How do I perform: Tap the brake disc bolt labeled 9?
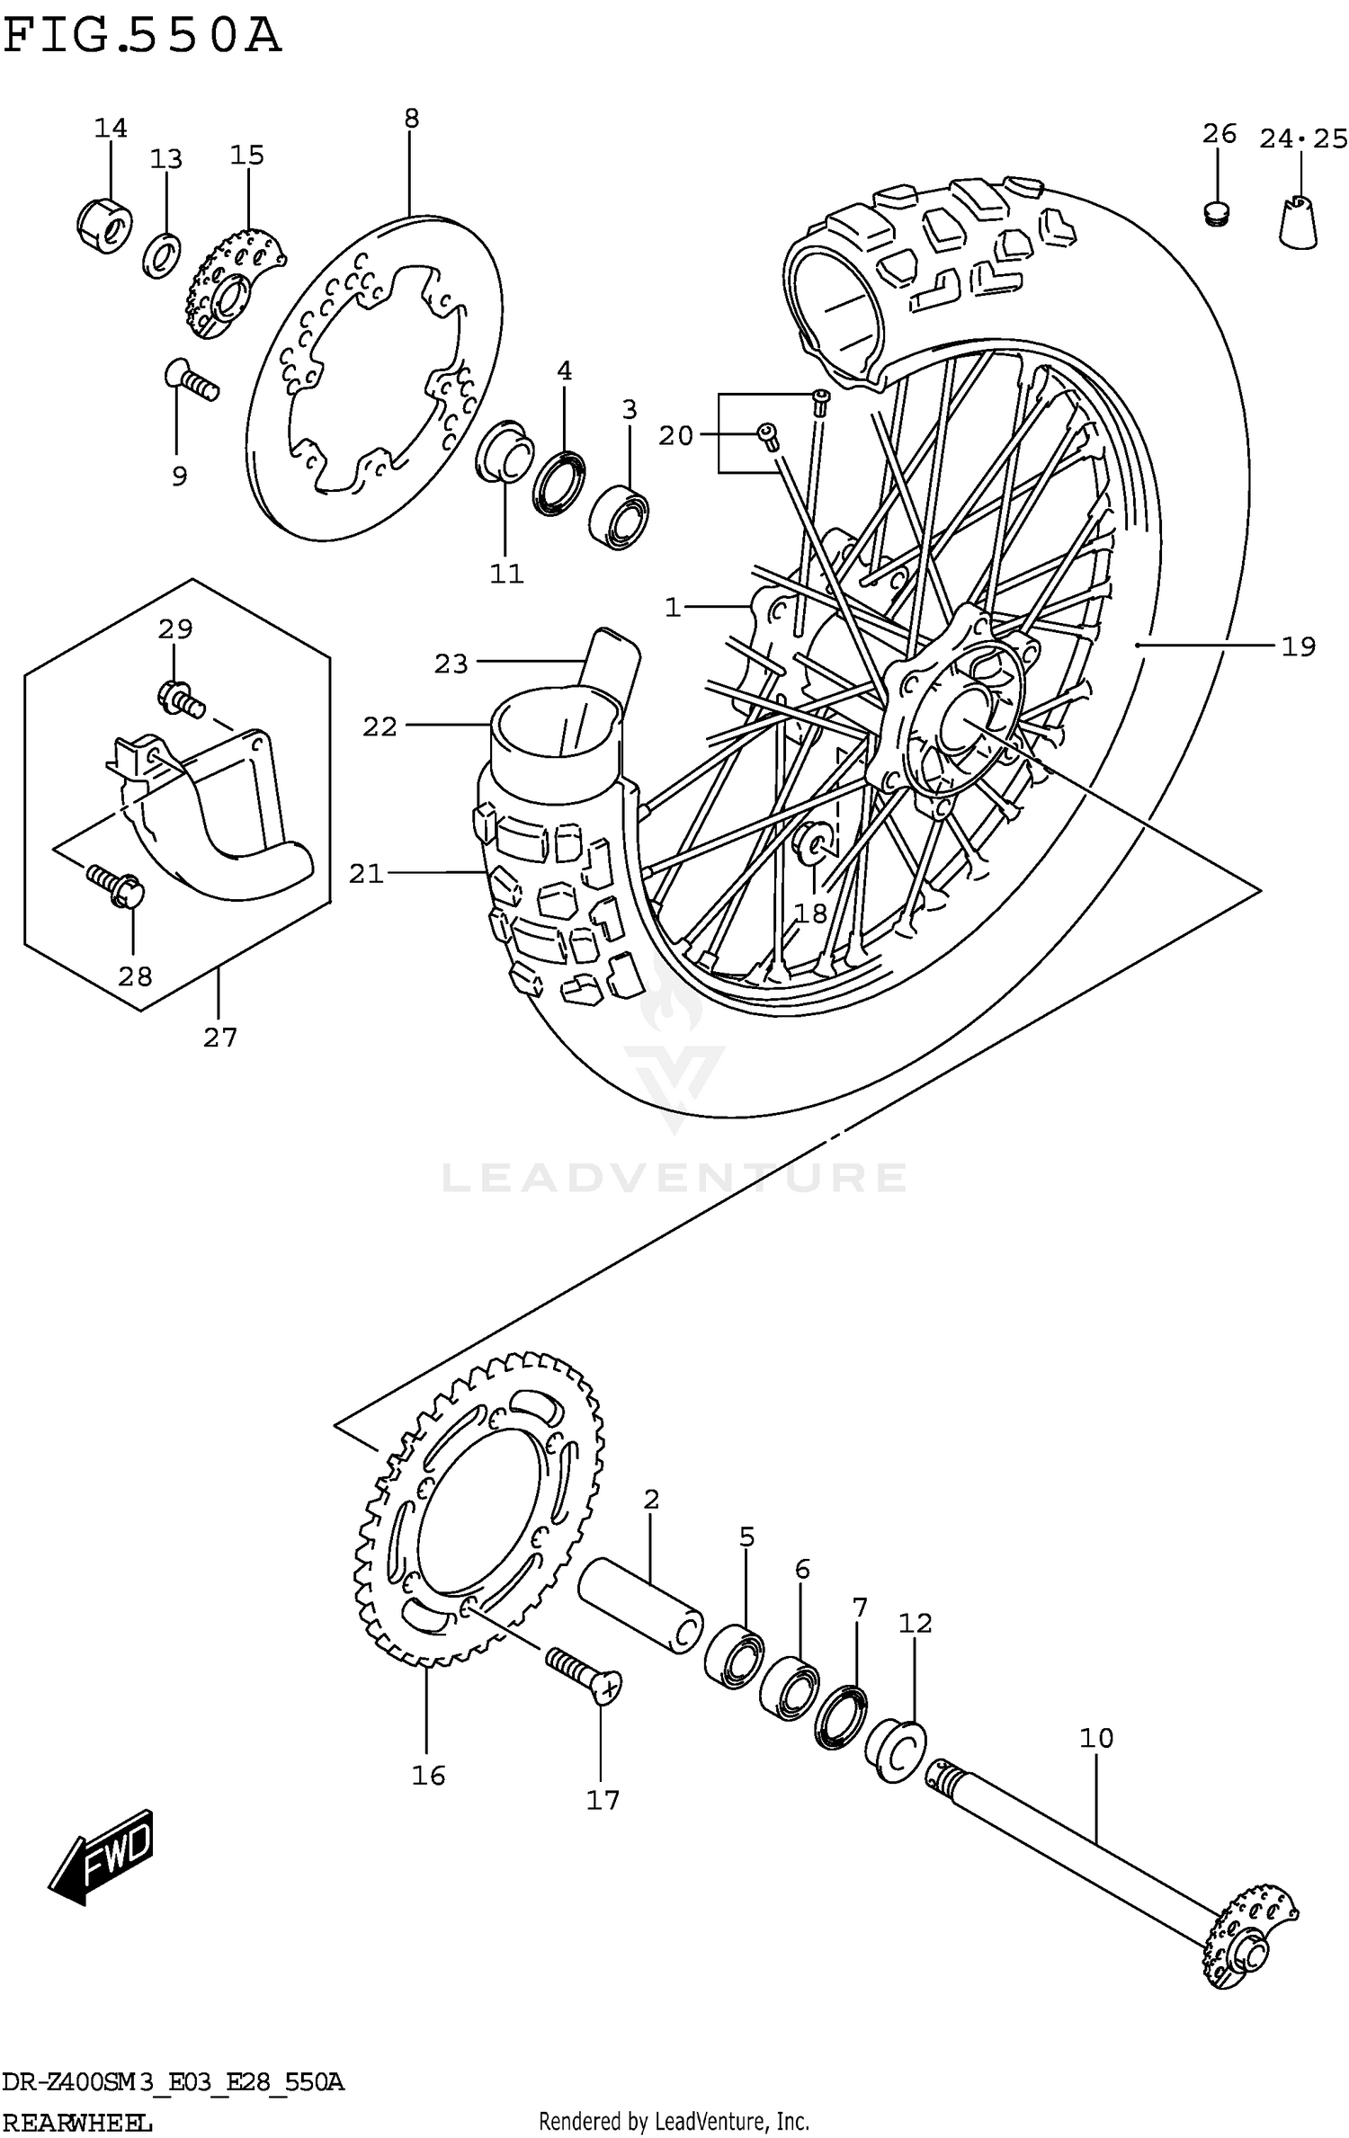pyautogui.click(x=191, y=379)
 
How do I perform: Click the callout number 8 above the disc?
pyautogui.click(x=411, y=118)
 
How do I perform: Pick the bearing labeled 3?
pyautogui.click(x=621, y=516)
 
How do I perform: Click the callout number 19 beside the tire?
pyautogui.click(x=1298, y=646)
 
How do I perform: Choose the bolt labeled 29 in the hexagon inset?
pyautogui.click(x=179, y=698)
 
